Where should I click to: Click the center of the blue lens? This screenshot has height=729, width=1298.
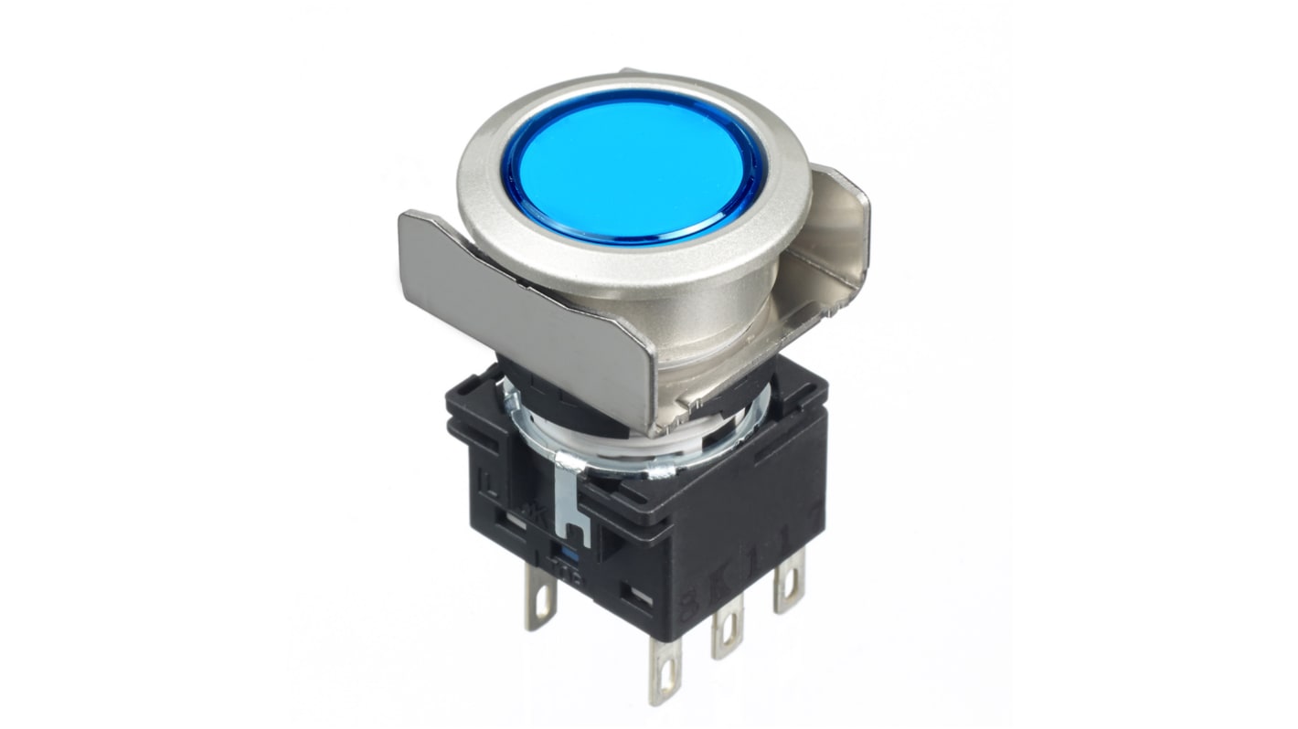(x=631, y=165)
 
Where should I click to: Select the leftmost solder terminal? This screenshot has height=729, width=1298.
(x=539, y=604)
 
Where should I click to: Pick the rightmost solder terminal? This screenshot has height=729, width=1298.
(x=788, y=585)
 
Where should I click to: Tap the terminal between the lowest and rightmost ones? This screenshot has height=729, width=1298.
(x=728, y=630)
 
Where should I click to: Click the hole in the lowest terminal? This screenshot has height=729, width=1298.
(x=666, y=683)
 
